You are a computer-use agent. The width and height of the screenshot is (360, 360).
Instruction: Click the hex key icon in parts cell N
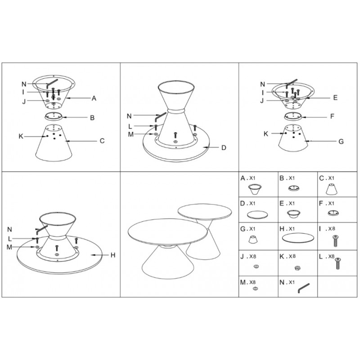pos(303,288)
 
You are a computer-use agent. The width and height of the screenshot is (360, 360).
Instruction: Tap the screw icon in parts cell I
pos(336,241)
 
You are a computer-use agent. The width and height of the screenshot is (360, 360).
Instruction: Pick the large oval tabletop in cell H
pos(298,238)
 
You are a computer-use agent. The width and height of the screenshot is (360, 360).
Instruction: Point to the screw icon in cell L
pos(337,263)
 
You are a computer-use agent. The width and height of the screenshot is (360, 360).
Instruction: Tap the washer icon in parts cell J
pos(256,266)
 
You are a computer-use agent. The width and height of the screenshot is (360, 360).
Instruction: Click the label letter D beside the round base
pos(224,148)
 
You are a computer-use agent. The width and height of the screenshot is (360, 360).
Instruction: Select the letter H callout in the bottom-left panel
pos(113,255)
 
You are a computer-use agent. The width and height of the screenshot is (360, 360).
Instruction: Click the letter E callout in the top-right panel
pos(335,98)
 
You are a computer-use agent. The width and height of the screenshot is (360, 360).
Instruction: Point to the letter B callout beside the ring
pos(92,118)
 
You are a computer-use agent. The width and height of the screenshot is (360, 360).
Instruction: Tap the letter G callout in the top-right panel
pos(341,141)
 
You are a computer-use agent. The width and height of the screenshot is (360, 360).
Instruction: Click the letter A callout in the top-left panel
pos(94,98)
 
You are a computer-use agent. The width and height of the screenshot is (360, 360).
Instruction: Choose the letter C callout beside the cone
pos(102,141)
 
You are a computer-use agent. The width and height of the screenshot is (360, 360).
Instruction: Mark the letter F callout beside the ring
pos(332,117)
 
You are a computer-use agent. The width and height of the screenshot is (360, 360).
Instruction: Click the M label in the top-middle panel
pos(130,134)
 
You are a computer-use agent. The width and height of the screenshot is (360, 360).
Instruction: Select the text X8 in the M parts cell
pos(252,282)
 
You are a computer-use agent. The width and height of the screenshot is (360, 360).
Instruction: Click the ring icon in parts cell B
pos(294,189)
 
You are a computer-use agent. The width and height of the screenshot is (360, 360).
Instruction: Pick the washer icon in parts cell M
pos(255,288)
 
